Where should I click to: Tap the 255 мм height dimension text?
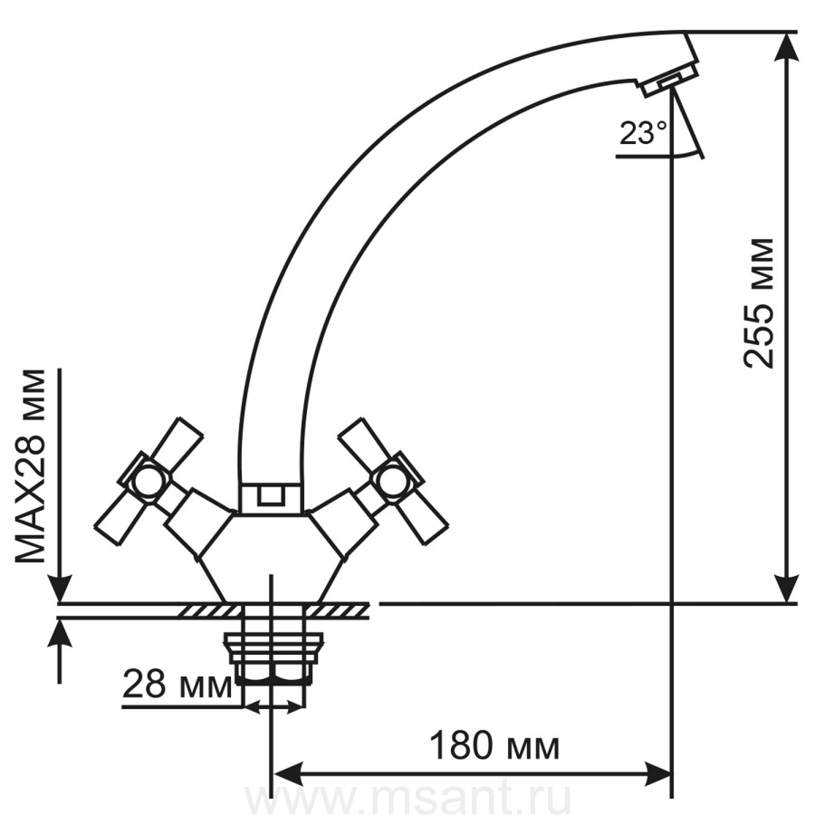tap(758, 304)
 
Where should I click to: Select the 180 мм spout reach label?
tap(494, 746)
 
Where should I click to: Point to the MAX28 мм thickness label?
tap(30, 466)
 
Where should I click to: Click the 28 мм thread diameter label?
tap(177, 685)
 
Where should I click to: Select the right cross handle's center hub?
tap(391, 481)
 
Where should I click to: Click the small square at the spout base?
tap(271, 494)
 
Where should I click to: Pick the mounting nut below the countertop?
tap(273, 658)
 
